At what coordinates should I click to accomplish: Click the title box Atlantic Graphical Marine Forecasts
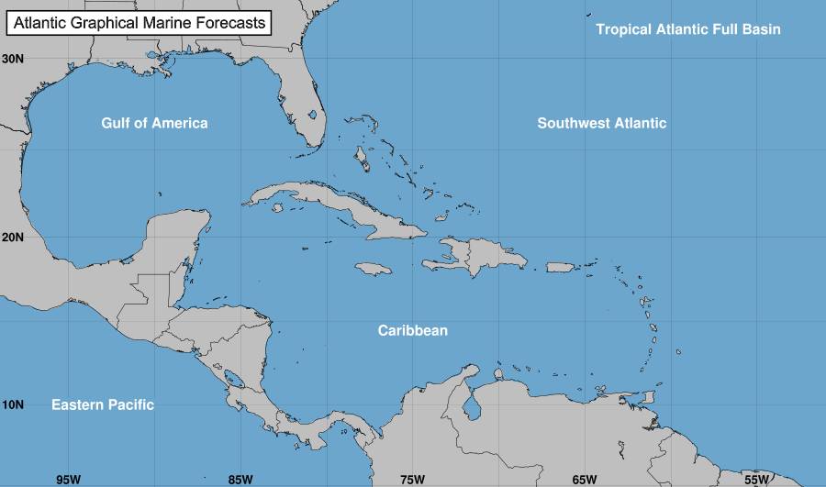click(139, 22)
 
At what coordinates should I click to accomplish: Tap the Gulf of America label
click(154, 123)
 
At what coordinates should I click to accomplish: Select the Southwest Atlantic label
click(602, 123)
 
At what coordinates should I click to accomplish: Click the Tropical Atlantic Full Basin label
click(688, 29)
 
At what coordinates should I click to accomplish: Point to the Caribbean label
click(413, 330)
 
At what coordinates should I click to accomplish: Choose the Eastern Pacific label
click(103, 404)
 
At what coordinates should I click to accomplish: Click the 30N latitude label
click(13, 58)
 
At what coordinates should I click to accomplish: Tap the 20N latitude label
click(13, 237)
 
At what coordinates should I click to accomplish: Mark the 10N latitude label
click(13, 404)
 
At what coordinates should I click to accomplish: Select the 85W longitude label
click(240, 479)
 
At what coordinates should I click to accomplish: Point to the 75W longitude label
click(412, 479)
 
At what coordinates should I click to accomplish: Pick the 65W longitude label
click(585, 479)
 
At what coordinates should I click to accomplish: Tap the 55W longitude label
click(756, 479)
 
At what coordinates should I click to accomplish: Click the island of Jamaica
click(374, 268)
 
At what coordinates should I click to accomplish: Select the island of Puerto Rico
click(560, 267)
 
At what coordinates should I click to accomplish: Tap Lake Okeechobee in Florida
click(313, 116)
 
